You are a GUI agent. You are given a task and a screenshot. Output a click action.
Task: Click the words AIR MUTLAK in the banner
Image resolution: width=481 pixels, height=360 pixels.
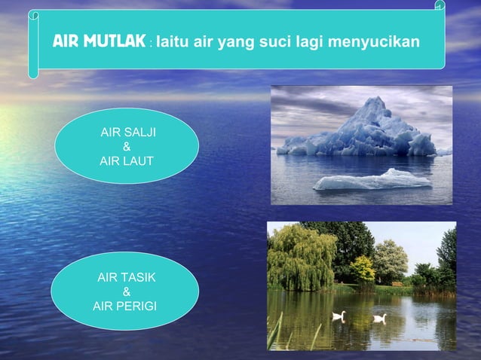coord(98,41)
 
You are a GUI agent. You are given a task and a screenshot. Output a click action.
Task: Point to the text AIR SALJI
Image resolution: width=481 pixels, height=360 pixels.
coord(129,133)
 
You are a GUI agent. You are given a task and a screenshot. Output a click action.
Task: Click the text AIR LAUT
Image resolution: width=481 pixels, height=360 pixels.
coord(127,160)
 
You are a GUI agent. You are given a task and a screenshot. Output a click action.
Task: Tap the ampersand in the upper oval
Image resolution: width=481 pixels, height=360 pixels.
coord(127,147)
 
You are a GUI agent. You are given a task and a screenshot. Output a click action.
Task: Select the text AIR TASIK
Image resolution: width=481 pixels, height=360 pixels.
coord(127,279)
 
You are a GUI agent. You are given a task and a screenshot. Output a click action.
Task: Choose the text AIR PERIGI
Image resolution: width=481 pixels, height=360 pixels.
coord(125,306)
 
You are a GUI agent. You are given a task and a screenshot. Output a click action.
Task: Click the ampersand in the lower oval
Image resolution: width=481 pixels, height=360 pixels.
coord(126,292)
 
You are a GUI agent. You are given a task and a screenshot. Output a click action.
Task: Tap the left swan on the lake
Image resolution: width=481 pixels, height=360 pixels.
coord(339,316)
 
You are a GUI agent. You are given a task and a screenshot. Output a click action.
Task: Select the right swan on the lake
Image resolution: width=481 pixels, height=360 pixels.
coord(379,318)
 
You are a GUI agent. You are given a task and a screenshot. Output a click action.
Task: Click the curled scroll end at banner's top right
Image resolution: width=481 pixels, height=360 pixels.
coord(440,7)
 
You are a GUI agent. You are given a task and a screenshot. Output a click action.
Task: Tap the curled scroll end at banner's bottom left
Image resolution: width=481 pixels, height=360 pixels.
coord(33,72)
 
